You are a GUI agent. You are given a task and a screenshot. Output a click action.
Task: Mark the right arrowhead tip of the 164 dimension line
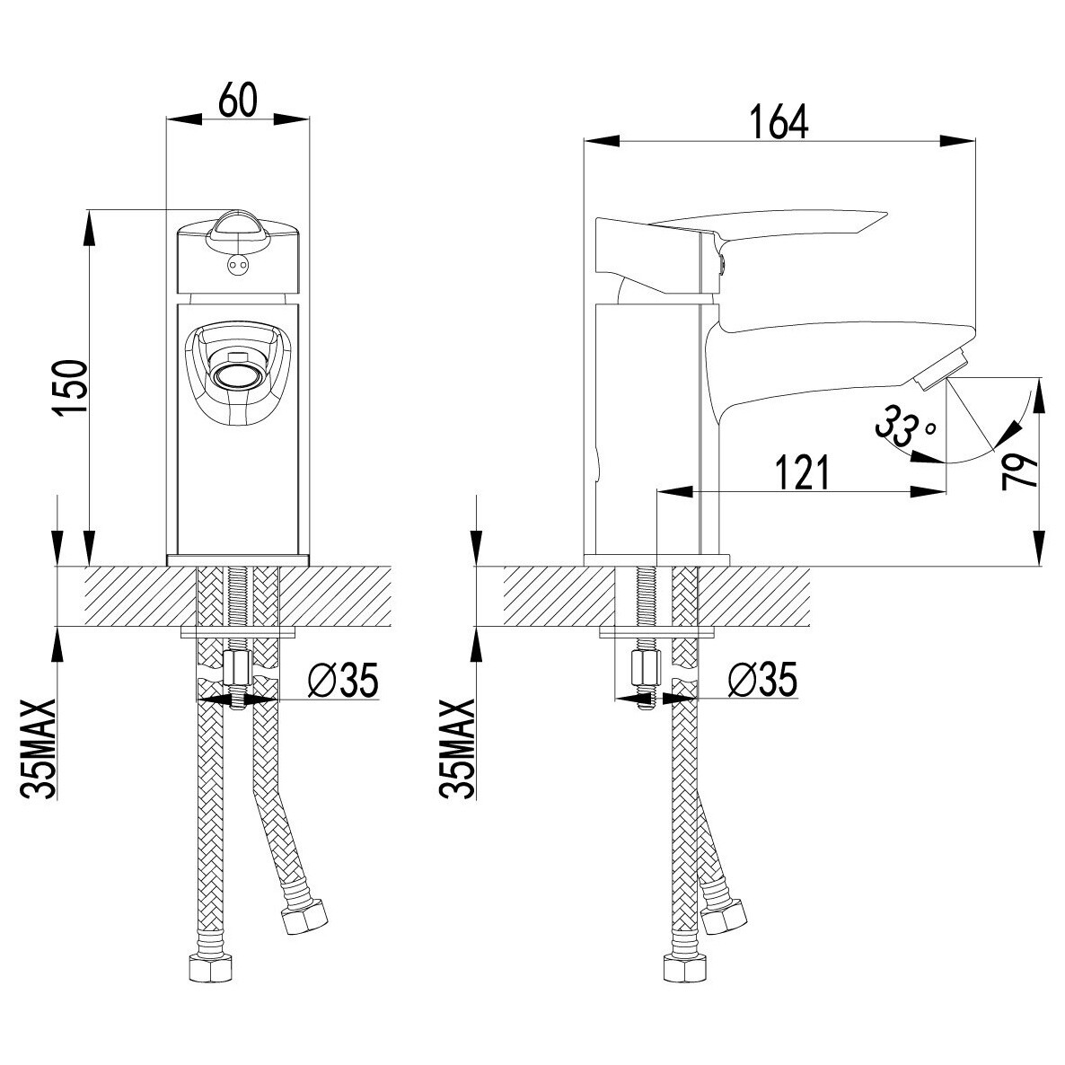tap(975, 141)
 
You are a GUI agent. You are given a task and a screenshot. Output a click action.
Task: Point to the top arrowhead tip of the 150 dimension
tap(88, 210)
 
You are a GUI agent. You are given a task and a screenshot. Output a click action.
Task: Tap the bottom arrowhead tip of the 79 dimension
tap(1040, 565)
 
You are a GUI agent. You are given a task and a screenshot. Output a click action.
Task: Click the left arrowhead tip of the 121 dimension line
tap(656, 491)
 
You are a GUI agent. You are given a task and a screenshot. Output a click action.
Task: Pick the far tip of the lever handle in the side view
tap(888, 213)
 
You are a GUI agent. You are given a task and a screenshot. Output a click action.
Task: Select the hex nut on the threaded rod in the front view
tap(236, 668)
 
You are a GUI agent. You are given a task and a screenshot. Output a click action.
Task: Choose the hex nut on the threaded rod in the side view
tap(646, 668)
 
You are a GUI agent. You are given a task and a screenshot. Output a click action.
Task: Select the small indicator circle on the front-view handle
tap(237, 262)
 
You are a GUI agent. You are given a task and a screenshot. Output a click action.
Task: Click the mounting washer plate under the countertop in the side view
tap(657, 633)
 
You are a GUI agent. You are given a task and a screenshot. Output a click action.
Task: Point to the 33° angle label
tap(906, 426)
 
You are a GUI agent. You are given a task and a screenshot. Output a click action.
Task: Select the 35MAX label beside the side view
tap(457, 748)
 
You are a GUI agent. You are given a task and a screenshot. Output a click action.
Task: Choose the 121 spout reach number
tap(802, 472)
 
